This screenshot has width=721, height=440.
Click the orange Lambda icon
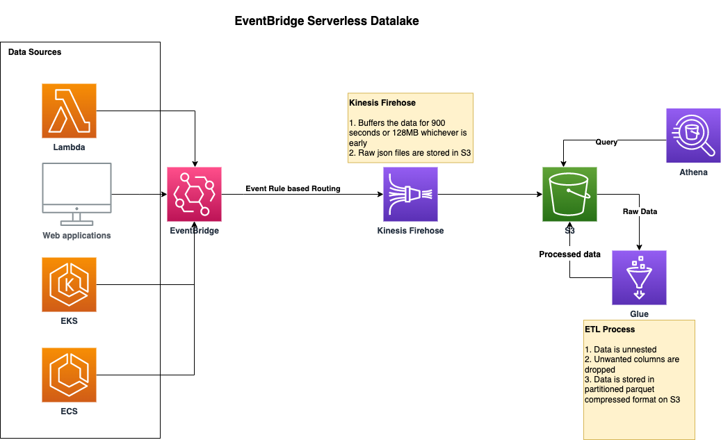pyautogui.click(x=69, y=111)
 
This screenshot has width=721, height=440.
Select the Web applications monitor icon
pyautogui.click(x=76, y=194)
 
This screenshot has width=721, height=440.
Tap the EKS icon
pyautogui.click(x=69, y=284)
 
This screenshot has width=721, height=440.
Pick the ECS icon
pyautogui.click(x=69, y=375)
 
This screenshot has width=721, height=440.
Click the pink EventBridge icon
pyautogui.click(x=194, y=194)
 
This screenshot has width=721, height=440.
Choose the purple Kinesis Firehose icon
pyautogui.click(x=411, y=194)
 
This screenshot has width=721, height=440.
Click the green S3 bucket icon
pyautogui.click(x=569, y=194)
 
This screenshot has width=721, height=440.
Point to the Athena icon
pyautogui.click(x=693, y=136)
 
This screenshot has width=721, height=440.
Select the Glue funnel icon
pyautogui.click(x=639, y=278)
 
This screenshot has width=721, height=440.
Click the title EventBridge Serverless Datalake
pyautogui.click(x=327, y=21)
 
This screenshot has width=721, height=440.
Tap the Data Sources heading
pyautogui.click(x=35, y=52)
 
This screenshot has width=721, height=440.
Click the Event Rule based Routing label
pyautogui.click(x=293, y=188)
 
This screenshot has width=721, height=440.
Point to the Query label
pyautogui.click(x=606, y=142)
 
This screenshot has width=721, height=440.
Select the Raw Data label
pyautogui.click(x=640, y=211)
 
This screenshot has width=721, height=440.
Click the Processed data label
pyautogui.click(x=569, y=254)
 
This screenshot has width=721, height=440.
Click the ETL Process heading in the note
pyautogui.click(x=610, y=329)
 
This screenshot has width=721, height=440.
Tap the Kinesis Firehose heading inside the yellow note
pyautogui.click(x=382, y=103)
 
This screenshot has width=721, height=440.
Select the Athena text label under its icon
pyautogui.click(x=693, y=172)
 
